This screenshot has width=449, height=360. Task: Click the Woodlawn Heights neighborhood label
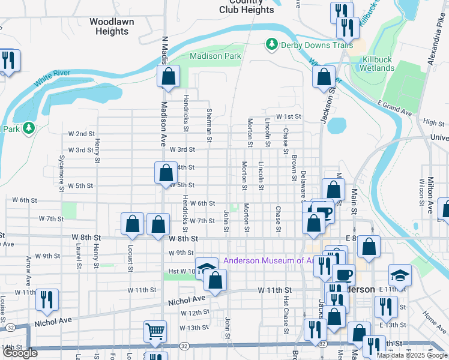(x=112, y=26)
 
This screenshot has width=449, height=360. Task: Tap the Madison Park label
(x=215, y=56)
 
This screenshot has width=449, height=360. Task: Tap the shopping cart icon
(x=155, y=331)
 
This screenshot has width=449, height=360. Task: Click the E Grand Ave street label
(x=394, y=110)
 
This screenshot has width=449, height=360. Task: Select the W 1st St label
(x=288, y=116)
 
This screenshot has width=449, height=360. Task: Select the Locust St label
(x=129, y=257)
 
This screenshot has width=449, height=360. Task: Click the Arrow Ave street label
(x=28, y=271)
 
